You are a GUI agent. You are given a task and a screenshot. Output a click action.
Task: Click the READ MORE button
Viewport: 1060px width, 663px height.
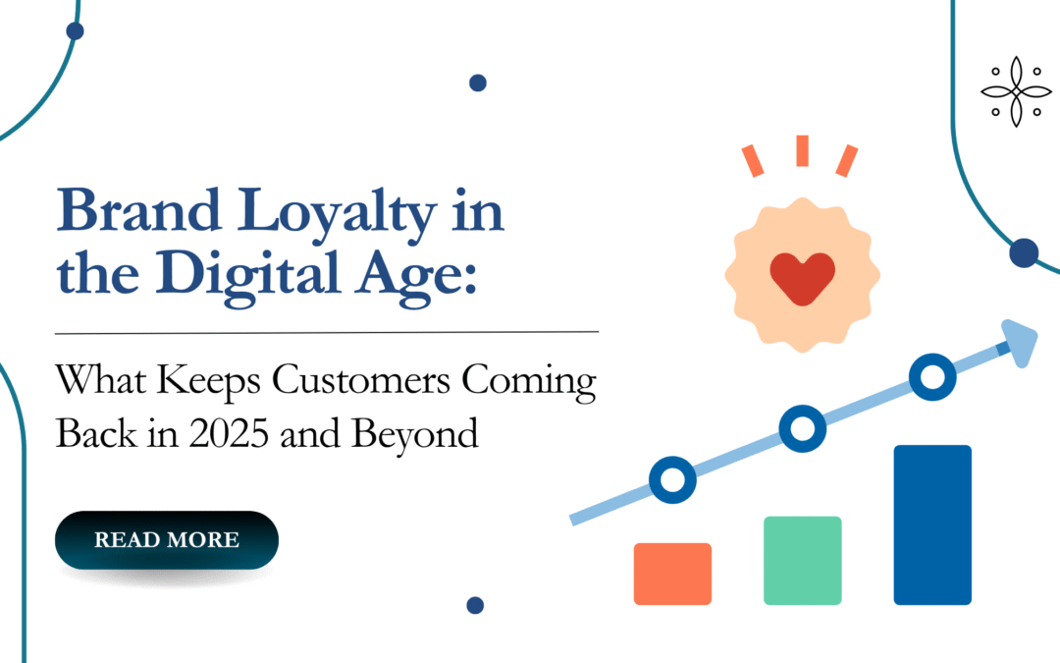coord(166,540)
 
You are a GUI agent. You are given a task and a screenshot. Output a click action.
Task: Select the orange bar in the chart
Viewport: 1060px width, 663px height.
coord(672,574)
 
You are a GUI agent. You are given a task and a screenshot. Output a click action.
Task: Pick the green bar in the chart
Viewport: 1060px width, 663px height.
coord(802,560)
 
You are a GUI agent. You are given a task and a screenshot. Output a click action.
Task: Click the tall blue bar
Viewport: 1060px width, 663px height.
coord(932,525)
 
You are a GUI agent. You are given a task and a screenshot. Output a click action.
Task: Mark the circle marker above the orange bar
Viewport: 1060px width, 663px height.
coord(673,480)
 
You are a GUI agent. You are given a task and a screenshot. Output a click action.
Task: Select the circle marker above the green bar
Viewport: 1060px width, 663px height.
coord(802,427)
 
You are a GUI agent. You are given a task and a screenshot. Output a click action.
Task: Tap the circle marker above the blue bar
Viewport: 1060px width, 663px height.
coord(931,375)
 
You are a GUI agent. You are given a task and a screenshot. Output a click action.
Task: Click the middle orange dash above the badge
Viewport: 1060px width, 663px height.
coord(802,150)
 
